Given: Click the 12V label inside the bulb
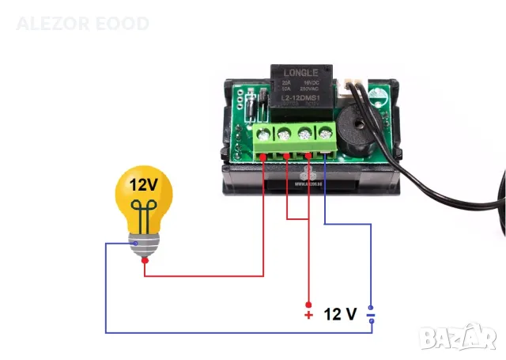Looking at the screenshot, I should (x=144, y=186).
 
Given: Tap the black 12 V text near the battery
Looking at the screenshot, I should (x=341, y=314).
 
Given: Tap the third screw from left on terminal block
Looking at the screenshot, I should (x=304, y=135).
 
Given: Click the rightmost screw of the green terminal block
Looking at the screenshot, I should (x=324, y=135).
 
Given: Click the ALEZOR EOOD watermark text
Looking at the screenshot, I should (x=82, y=24).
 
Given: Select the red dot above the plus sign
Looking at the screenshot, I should (x=308, y=305).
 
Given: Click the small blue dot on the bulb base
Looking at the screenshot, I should (x=136, y=244).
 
